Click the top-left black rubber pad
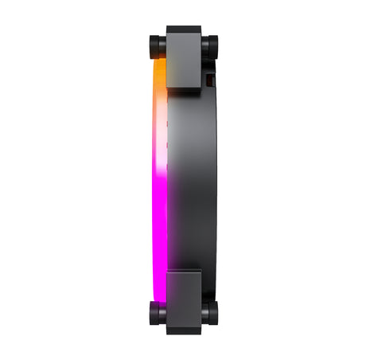156,45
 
